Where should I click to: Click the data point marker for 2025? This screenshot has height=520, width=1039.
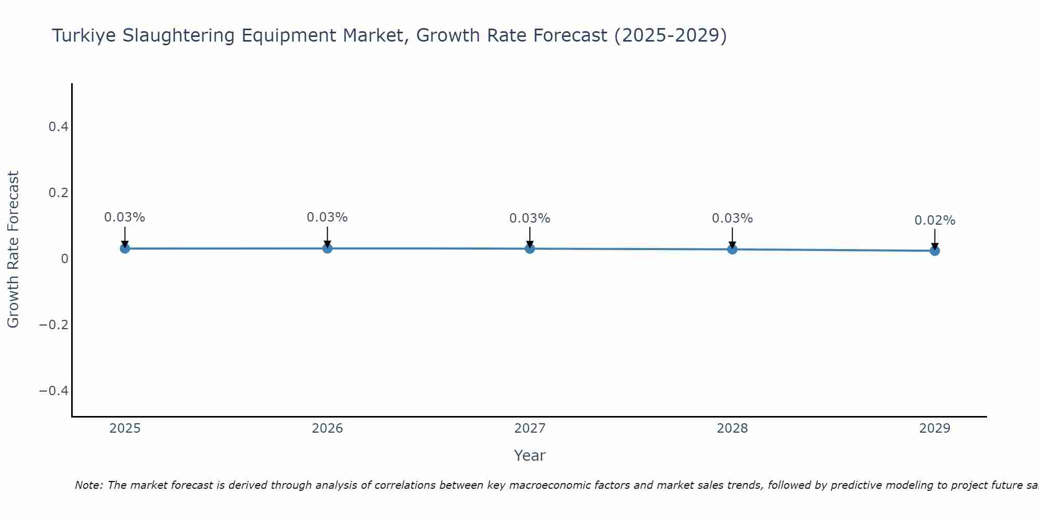click(125, 249)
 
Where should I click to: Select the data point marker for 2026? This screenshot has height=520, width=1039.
click(327, 249)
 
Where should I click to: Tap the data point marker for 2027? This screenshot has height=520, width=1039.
click(530, 249)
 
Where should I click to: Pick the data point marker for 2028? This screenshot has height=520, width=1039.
click(732, 250)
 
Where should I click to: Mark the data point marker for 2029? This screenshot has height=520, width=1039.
click(935, 251)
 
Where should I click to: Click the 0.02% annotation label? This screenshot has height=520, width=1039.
click(935, 220)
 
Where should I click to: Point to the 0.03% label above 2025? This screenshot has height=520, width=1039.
click(125, 217)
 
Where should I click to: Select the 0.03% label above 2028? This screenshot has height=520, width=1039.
click(732, 218)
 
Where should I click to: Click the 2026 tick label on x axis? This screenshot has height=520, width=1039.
click(327, 428)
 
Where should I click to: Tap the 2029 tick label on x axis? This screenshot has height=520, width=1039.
click(935, 428)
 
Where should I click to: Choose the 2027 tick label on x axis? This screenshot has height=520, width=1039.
click(530, 428)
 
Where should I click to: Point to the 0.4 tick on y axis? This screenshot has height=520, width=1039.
click(58, 127)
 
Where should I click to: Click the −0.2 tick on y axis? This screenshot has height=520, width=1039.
click(54, 325)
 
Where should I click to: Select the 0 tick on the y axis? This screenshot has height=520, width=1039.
click(64, 259)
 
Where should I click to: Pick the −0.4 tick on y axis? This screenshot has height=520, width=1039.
click(54, 391)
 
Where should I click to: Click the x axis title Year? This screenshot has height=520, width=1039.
click(529, 456)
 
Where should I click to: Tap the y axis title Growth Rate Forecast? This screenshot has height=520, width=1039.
click(13, 250)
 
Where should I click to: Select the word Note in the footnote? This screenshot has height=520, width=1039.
click(88, 485)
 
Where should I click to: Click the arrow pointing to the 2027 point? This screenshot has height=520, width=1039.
click(530, 237)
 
